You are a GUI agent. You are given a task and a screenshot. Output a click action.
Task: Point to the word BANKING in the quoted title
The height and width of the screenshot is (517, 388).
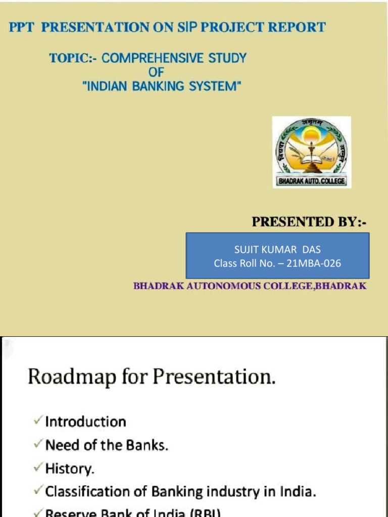[x=160, y=86]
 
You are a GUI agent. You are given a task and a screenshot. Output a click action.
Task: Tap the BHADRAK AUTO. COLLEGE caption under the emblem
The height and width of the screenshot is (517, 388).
[x=312, y=181]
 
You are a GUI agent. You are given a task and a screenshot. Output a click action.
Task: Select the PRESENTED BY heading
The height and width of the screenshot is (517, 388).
[x=309, y=222]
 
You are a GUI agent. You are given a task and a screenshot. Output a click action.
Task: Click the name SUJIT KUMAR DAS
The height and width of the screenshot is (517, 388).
[x=277, y=250]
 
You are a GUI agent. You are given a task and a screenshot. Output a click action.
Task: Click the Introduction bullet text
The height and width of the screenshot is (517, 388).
[x=85, y=422]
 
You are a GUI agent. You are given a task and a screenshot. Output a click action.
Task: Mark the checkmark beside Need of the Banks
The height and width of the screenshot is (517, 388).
[x=38, y=445]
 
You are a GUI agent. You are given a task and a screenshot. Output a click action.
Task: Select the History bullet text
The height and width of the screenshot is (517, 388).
[x=70, y=469]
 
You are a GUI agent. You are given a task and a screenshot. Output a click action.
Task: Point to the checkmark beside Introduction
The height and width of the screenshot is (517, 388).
[x=38, y=421]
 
